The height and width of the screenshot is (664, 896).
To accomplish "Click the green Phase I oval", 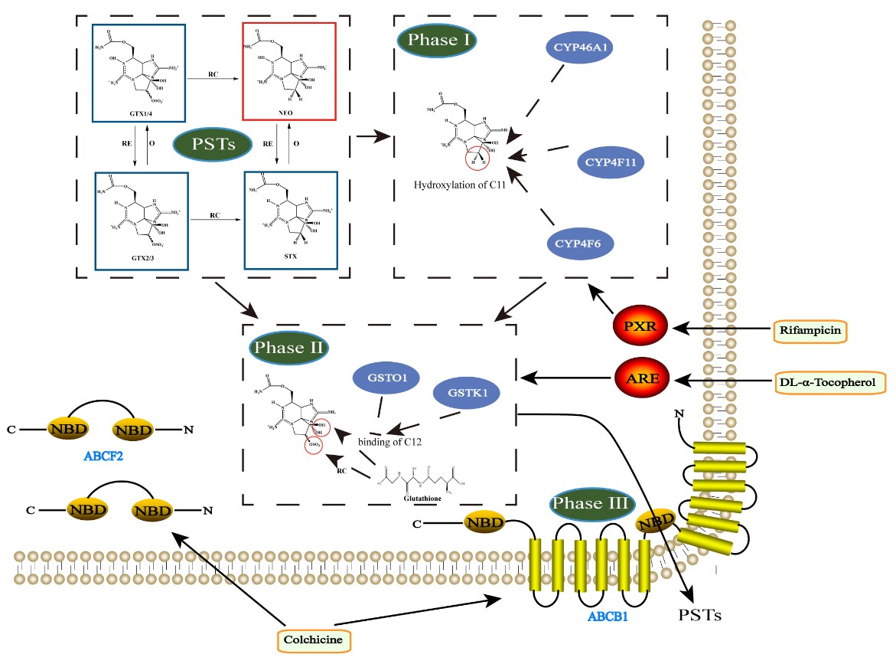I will click(x=438, y=40).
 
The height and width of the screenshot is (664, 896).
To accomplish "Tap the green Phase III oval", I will click(x=589, y=504).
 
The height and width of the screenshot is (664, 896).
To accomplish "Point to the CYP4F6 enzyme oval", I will click(x=583, y=245).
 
